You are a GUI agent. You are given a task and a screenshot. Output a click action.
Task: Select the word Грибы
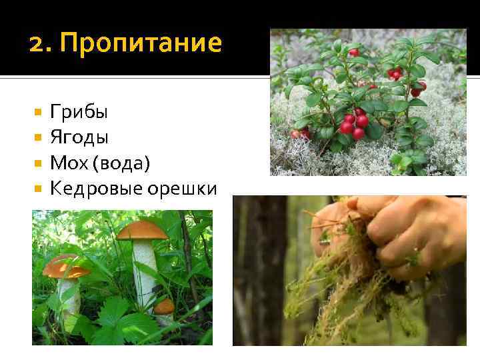pyautogui.click(x=79, y=112)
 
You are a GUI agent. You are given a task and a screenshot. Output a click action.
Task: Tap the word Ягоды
pyautogui.click(x=79, y=137)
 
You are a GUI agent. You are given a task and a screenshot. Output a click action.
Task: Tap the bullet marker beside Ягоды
pyautogui.click(x=37, y=137)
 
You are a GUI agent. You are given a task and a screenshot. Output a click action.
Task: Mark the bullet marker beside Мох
pyautogui.click(x=37, y=163)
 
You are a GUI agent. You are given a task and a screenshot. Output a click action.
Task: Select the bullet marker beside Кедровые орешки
pyautogui.click(x=37, y=188)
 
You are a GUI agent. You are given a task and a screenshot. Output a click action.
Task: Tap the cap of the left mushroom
pyautogui.click(x=64, y=265)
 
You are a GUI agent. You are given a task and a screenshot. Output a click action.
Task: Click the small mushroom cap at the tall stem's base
pyautogui.click(x=164, y=306)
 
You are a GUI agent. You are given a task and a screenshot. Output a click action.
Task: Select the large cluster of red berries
pyautogui.click(x=354, y=123)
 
